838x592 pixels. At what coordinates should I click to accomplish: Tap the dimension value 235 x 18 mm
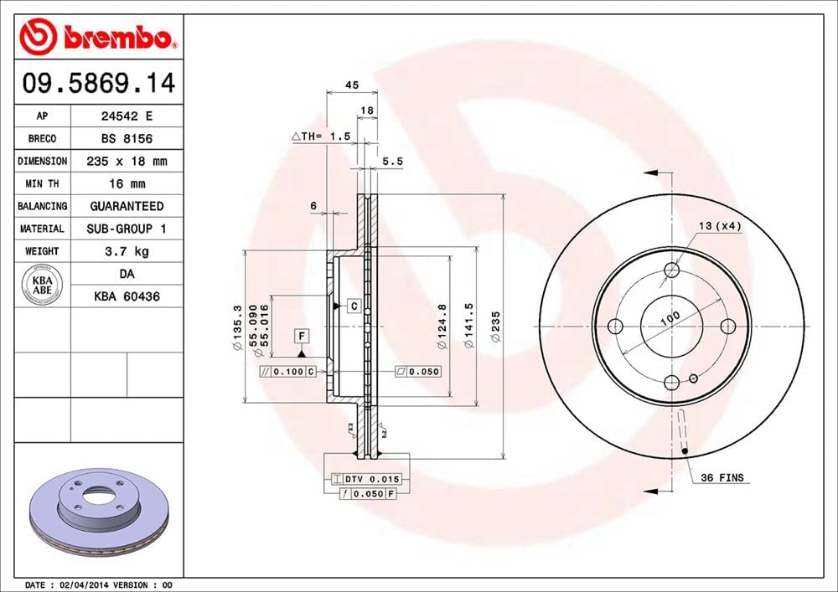(127, 161)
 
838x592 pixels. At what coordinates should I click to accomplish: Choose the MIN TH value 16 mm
(127, 183)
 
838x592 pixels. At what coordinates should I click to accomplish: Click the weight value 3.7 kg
(127, 251)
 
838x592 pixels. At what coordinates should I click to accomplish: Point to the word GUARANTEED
(127, 206)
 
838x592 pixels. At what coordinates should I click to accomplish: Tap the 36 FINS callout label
(723, 478)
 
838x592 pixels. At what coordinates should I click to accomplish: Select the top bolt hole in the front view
(671, 270)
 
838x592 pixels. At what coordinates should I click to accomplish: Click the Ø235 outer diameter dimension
(496, 322)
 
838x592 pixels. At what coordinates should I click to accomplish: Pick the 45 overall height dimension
(352, 85)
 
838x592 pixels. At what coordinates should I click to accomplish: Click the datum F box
(302, 337)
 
